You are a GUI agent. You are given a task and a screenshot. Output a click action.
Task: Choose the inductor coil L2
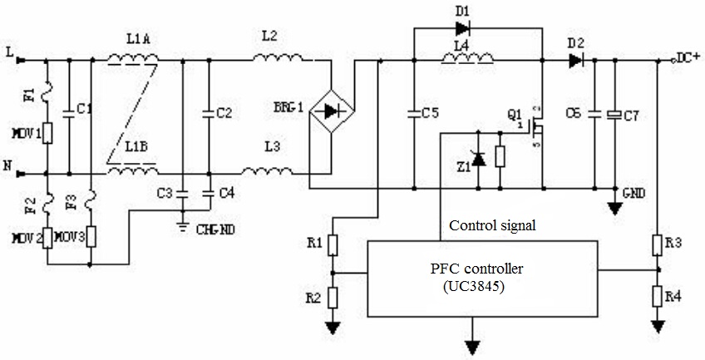click(278, 57)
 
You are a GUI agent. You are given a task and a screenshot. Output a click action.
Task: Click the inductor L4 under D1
click(467, 57)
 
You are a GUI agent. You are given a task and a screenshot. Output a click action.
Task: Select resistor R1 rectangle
click(333, 244)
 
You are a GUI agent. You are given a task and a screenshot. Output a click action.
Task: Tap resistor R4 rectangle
click(658, 297)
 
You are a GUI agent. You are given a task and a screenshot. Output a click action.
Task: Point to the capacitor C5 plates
click(413, 111)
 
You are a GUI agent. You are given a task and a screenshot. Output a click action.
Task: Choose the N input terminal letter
click(7, 167)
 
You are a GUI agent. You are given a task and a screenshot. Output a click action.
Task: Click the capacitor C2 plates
click(208, 112)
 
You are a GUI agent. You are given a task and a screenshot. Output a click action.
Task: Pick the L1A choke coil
click(134, 57)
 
